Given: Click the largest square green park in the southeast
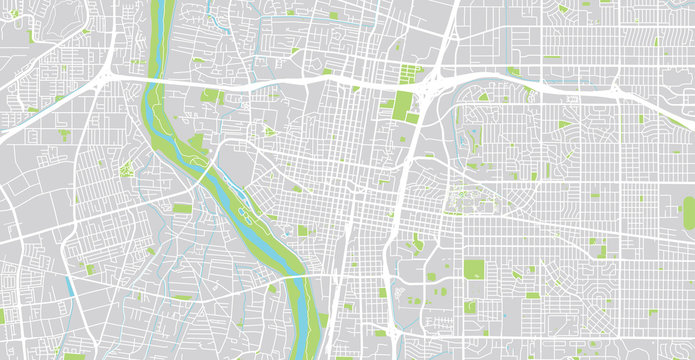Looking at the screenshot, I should point(474,270).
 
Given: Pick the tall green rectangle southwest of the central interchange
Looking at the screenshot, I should point(403,104).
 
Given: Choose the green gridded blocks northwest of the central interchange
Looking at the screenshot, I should point(411,73).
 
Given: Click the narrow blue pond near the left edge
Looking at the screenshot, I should point(71,286).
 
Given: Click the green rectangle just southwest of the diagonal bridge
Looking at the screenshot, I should point(181,208).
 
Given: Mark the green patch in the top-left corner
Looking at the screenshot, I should point(30,38).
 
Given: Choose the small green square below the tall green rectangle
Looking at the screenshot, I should point(413,119).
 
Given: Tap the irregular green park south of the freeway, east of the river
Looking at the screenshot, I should point(211,96).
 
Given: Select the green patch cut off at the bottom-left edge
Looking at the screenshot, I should point(73,355).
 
